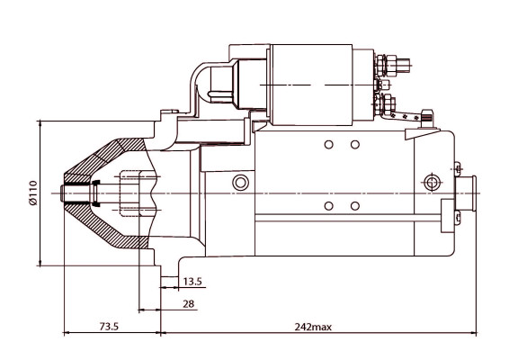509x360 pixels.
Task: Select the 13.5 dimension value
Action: click(193, 281)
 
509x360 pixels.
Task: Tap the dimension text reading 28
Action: click(188, 304)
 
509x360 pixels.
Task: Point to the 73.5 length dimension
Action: click(109, 325)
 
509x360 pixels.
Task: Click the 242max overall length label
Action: click(311, 325)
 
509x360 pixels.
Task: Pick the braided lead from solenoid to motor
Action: click(412, 115)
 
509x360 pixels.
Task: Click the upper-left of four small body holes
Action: click(328, 145)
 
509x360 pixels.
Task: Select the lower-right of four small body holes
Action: click(354, 206)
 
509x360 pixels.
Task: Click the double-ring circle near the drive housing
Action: click(239, 184)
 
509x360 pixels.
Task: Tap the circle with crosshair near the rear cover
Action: click(434, 184)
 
